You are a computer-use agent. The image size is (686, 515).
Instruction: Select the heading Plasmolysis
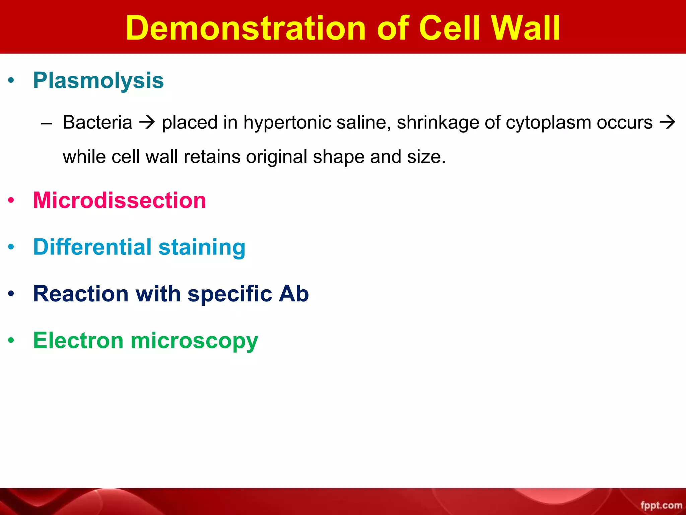[x=98, y=80]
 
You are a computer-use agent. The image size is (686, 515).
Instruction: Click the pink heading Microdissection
[x=119, y=201]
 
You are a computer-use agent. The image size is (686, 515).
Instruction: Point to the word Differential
[x=92, y=247]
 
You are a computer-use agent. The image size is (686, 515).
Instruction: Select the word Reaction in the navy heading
[x=81, y=294]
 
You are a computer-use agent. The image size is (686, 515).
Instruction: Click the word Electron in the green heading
[x=78, y=341]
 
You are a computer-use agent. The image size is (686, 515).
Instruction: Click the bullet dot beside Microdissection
[x=11, y=201]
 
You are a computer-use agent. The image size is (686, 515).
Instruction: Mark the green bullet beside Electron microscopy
[x=11, y=341]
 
